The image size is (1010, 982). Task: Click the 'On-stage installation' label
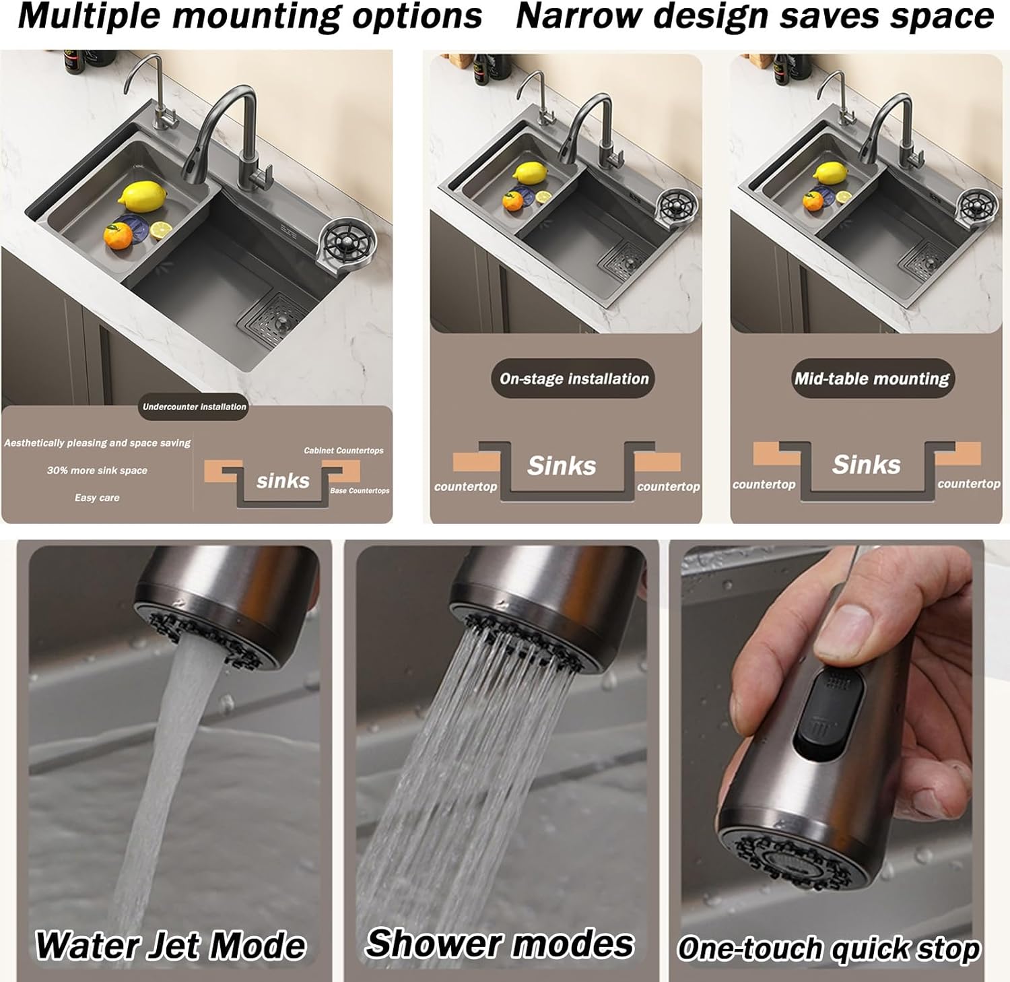click(x=574, y=379)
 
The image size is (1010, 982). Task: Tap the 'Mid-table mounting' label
click(x=872, y=379)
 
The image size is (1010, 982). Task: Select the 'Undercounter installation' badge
click(x=195, y=407)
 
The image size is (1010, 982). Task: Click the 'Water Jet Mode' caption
click(x=170, y=945)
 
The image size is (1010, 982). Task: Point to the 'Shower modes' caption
click(x=500, y=942)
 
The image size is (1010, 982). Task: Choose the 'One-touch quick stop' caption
click(x=829, y=948)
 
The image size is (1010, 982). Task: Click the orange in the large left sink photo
click(x=119, y=236)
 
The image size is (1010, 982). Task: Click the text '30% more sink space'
click(x=97, y=470)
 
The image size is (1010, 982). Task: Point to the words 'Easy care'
click(x=97, y=498)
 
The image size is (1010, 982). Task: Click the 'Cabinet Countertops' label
click(x=343, y=451)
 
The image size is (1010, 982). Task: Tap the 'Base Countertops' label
click(x=360, y=490)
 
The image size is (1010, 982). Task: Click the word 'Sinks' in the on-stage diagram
click(x=562, y=465)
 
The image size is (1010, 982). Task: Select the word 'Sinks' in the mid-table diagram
click(x=866, y=464)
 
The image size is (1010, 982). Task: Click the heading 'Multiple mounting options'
click(x=250, y=17)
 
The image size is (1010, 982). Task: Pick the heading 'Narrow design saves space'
click(x=755, y=16)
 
